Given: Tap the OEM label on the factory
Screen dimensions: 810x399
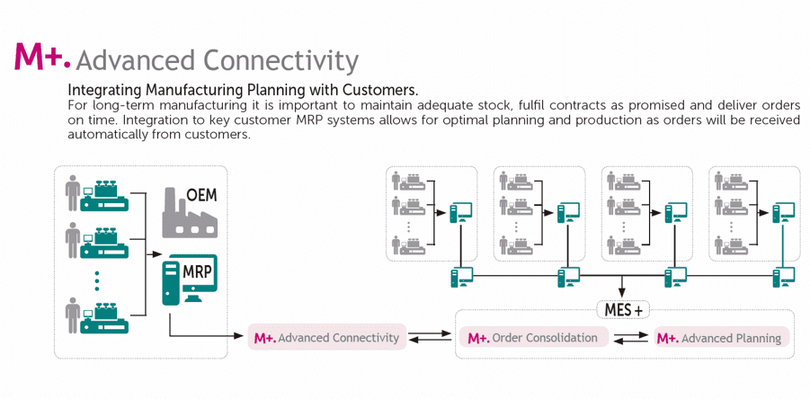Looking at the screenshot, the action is click(x=201, y=195).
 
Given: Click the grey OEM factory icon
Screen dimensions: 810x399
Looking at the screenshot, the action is click(x=190, y=212).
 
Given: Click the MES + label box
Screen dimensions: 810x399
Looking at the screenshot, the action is click(x=623, y=310).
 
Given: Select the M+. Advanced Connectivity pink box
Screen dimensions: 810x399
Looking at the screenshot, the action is click(x=327, y=338).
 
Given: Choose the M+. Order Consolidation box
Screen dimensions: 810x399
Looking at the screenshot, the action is click(x=532, y=338).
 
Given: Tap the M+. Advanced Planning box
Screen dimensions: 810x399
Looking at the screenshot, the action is click(x=722, y=338).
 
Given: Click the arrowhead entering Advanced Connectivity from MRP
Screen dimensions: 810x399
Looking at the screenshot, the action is click(x=237, y=336).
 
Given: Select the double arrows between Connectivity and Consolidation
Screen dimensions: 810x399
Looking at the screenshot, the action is click(x=431, y=336).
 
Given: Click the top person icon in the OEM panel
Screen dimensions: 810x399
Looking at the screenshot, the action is click(x=73, y=192).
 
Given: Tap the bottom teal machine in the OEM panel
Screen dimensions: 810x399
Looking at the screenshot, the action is click(x=104, y=318).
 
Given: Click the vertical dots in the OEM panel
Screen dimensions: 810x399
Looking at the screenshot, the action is click(x=96, y=279).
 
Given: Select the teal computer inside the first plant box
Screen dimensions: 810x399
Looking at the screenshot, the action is click(x=461, y=212).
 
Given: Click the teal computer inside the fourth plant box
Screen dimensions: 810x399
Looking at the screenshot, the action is click(x=783, y=212).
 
